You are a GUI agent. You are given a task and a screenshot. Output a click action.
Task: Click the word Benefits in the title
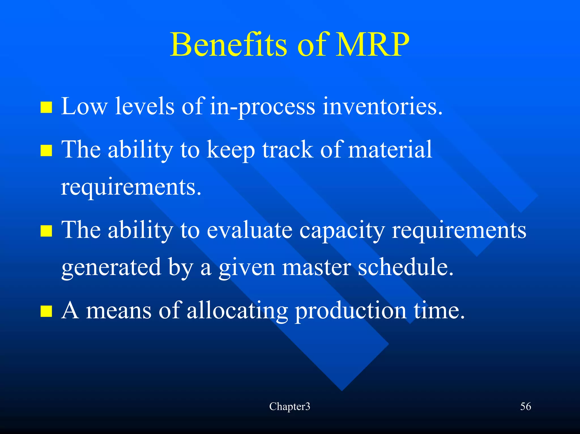pos(228,45)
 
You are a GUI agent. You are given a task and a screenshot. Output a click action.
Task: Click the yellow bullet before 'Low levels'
pos(46,108)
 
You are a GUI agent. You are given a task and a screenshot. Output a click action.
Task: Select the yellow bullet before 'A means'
pos(46,311)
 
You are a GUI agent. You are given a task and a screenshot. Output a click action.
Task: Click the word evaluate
pos(249,230)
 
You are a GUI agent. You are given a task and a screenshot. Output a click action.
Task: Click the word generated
pos(111,268)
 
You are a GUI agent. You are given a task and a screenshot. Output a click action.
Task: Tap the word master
pos(316,267)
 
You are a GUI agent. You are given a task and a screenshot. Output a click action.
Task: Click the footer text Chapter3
pos(289,407)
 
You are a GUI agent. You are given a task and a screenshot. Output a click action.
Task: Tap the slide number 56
pos(525,407)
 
